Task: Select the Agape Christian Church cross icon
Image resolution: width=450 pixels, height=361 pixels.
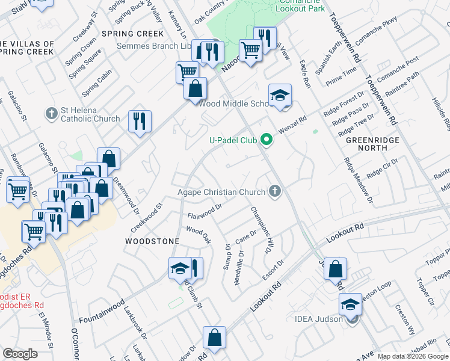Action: pos(276,193)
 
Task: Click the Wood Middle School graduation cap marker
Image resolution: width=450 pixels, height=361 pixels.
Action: pos(280,96)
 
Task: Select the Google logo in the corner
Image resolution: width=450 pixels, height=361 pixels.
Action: pos(20,354)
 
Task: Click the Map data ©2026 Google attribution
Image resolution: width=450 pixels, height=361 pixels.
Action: pos(413,356)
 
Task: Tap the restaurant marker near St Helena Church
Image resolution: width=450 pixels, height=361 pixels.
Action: pos(140,122)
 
